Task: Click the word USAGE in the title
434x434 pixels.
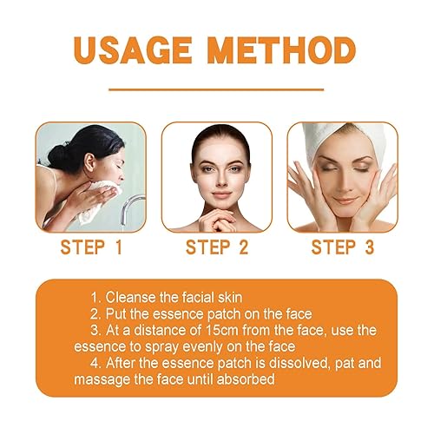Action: point(135,49)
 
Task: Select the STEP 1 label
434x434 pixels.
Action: point(92,247)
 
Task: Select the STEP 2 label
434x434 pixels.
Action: point(216,247)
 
